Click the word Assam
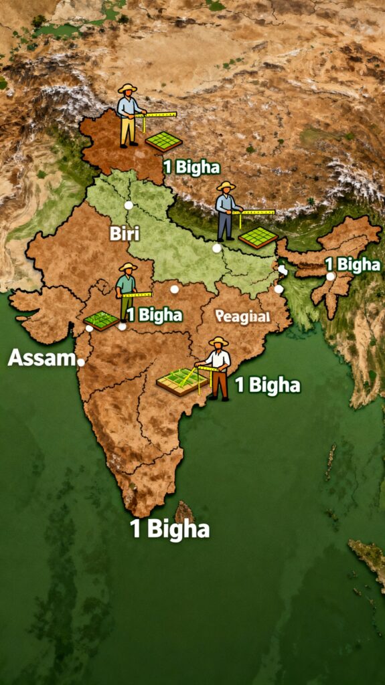40,359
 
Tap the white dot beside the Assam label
81,362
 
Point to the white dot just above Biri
128,205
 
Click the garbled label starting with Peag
243,316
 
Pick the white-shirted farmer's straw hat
218,342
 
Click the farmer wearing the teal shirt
127,292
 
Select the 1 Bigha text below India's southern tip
169,530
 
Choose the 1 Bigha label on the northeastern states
352,264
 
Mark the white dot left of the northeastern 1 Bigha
330,276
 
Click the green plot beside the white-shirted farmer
181,381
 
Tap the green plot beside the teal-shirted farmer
102,320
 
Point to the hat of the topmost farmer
127,88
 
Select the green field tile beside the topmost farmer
164,140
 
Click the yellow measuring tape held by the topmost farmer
159,114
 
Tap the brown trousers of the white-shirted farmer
220,385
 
